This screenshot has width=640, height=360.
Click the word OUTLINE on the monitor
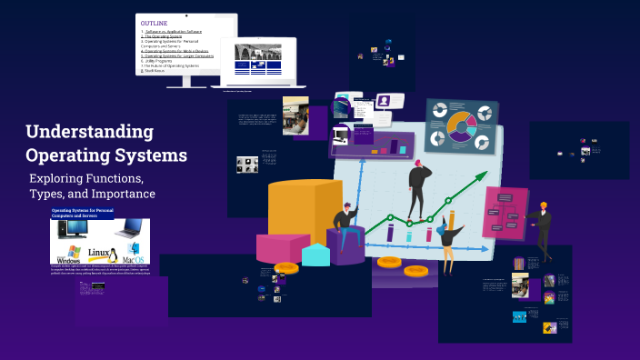point(155,23)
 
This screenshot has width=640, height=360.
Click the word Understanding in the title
point(89,131)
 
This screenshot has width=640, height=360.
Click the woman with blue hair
point(448,240)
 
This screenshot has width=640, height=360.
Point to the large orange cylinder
point(305,213)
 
